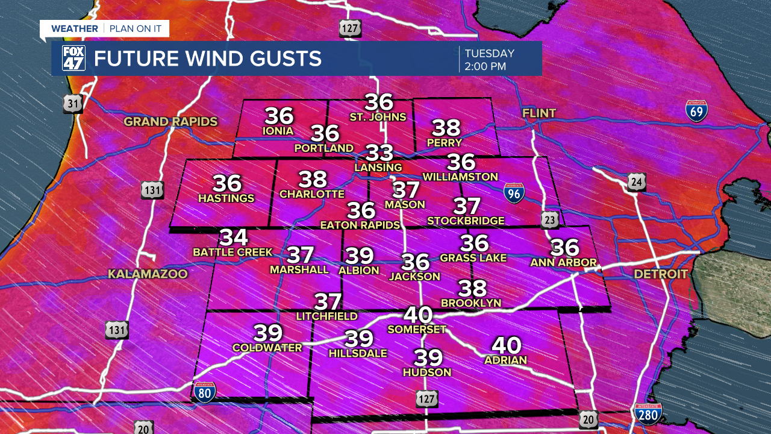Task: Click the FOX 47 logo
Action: pos(73,58)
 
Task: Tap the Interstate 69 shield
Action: pos(696,111)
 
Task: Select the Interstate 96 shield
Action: pos(514,192)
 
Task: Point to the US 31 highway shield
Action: pos(73,104)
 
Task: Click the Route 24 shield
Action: pos(636,181)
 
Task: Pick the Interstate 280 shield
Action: pos(648,414)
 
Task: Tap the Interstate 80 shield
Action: pos(204,392)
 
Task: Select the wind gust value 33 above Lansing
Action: pos(380,153)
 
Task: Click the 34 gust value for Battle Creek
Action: pos(233,237)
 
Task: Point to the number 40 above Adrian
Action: pos(506,345)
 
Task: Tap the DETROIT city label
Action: pos(660,274)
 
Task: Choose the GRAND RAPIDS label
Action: pos(170,122)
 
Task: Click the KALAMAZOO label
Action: pos(148,274)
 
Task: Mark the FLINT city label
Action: pos(539,113)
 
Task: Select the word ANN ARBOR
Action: pos(563,263)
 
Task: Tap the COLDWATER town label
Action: pos(267,348)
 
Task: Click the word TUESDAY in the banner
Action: pos(489,53)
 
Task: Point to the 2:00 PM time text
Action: pos(485,66)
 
